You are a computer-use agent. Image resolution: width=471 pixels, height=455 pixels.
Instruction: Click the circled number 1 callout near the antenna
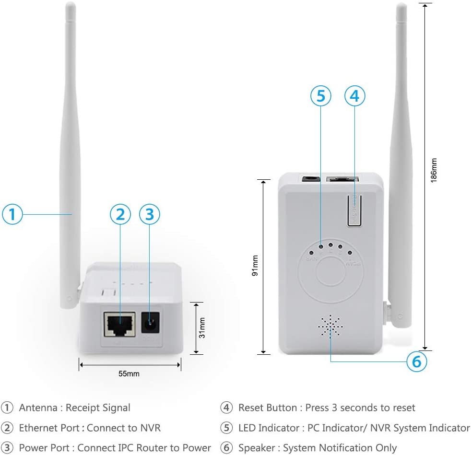tap(12, 214)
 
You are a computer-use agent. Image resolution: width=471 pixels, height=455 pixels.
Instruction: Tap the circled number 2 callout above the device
tap(120, 214)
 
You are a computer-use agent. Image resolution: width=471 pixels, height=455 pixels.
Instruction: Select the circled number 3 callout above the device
tap(149, 214)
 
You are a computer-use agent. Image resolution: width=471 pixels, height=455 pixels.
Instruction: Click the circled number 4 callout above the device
tap(354, 96)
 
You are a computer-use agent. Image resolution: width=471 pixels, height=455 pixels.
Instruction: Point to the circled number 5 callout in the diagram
tap(320, 96)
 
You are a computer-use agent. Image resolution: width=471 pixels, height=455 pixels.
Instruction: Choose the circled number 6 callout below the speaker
tap(416, 362)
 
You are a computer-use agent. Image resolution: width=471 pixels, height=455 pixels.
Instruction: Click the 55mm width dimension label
tap(130, 373)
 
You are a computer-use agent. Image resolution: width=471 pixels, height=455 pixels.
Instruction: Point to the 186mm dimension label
tap(434, 170)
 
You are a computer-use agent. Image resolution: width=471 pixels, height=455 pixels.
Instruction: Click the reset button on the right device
tap(354, 209)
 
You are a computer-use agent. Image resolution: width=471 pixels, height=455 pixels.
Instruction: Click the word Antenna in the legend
tap(38, 408)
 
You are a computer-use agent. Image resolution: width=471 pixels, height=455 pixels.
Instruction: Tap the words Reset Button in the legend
tap(268, 408)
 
